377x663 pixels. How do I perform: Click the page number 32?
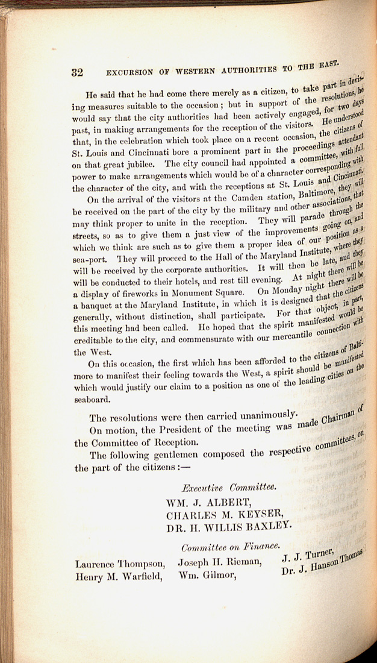[77, 72]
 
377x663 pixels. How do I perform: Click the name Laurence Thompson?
[120, 564]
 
